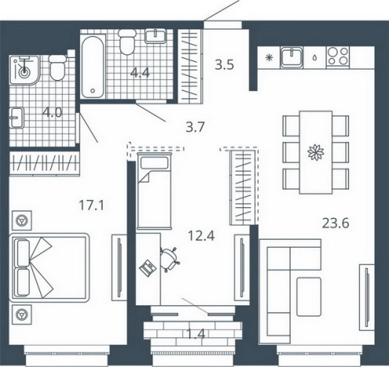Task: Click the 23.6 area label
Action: pyautogui.click(x=336, y=223)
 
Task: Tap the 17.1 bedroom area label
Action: pyautogui.click(x=91, y=205)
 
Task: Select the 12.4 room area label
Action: pyautogui.click(x=201, y=236)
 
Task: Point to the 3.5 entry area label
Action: pyautogui.click(x=224, y=65)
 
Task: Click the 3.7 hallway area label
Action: pyautogui.click(x=195, y=127)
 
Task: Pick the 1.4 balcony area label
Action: pyautogui.click(x=196, y=334)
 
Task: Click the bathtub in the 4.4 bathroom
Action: pyautogui.click(x=93, y=67)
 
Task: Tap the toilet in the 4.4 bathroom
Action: pyautogui.click(x=127, y=42)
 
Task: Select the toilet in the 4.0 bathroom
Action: pyautogui.click(x=57, y=67)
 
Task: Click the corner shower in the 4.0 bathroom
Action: pyautogui.click(x=24, y=70)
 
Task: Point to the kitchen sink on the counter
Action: pyautogui.click(x=292, y=57)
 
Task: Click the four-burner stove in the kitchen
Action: pyautogui.click(x=338, y=57)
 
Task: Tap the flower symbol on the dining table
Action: pyautogui.click(x=316, y=152)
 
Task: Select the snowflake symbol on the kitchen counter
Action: pyautogui.click(x=269, y=57)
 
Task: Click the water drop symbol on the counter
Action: pyautogui.click(x=314, y=58)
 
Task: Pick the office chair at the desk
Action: pyautogui.click(x=170, y=259)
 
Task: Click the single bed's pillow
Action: pyautogui.click(x=154, y=163)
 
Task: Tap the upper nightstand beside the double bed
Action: pyautogui.click(x=22, y=220)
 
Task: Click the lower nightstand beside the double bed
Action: pyautogui.click(x=22, y=314)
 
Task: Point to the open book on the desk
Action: pyautogui.click(x=148, y=267)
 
